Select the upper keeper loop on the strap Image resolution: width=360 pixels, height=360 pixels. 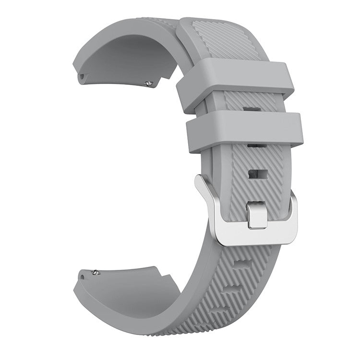coord(235,79)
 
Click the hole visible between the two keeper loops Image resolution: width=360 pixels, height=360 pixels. coord(250,109)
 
